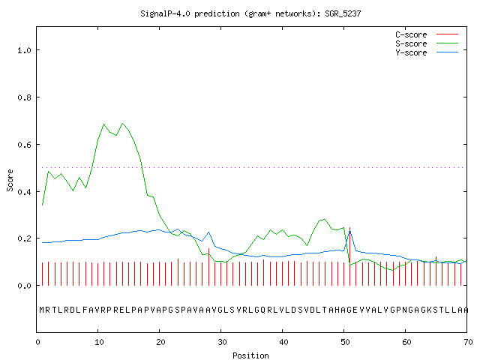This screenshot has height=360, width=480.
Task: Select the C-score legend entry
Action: (427, 34)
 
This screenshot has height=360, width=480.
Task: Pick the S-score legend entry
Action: (427, 43)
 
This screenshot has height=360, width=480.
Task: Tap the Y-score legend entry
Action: (427, 52)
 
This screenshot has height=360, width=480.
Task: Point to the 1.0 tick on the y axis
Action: (24, 50)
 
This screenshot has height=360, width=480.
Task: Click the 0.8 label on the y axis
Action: (24, 97)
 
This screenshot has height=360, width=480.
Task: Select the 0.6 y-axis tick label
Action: (24, 145)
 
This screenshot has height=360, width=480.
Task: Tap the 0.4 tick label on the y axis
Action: (24, 192)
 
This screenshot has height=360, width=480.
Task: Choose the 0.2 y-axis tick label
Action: (24, 238)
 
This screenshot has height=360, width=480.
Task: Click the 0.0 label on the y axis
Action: (24, 286)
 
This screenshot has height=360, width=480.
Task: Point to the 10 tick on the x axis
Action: (99, 342)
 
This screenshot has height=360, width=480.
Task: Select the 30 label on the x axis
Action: (222, 342)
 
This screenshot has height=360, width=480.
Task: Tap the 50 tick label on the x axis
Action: (345, 342)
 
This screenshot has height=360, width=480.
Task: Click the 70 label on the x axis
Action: (468, 342)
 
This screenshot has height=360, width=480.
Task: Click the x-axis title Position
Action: (250, 355)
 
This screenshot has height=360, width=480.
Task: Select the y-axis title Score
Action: (10, 180)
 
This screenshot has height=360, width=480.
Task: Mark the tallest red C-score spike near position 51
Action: (350, 256)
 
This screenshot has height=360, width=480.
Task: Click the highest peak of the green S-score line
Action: (122, 123)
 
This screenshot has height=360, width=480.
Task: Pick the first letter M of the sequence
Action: (42, 310)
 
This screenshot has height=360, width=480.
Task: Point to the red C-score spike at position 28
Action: (208, 267)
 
